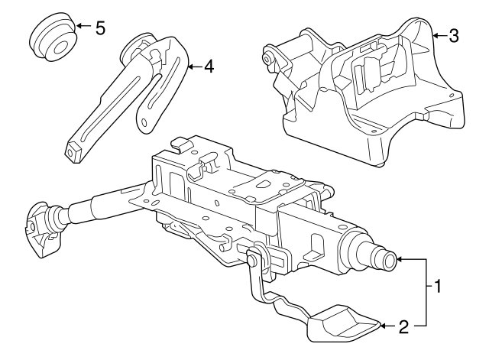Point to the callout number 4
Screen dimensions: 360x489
(x=209, y=66)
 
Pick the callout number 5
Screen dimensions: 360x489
(x=100, y=28)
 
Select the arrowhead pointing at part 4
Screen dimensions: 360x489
(x=190, y=66)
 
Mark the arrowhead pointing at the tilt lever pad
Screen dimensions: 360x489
(x=384, y=327)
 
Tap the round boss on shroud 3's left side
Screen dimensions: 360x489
(x=269, y=57)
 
